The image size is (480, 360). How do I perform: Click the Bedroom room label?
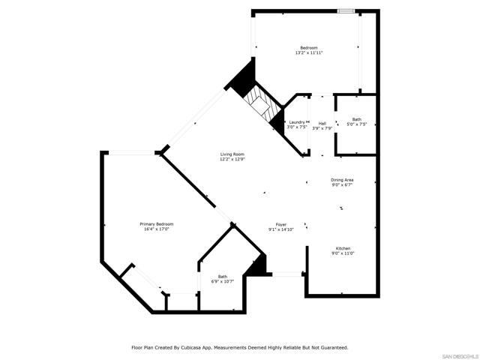pos(309,48)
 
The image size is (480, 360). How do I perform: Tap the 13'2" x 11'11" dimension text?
pos(309,53)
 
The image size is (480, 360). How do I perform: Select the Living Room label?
pos(232,154)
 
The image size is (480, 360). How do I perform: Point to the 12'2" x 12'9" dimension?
pos(232,160)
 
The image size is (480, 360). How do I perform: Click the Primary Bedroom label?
pos(157,224)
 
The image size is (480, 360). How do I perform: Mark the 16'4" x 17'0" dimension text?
pos(157,229)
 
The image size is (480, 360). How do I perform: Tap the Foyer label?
pos(281,224)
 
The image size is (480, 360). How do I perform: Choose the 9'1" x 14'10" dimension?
pos(281,229)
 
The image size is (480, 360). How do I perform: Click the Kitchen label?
pos(343,248)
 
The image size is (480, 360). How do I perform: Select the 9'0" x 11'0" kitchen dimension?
pos(343,253)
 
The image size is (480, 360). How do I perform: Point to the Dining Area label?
pos(343,179)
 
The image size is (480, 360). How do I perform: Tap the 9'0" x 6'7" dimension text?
pos(343,184)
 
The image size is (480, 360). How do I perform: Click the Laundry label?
pos(296,122)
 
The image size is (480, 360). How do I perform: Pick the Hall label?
pos(322,122)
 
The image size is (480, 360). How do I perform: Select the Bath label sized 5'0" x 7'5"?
pos(356,119)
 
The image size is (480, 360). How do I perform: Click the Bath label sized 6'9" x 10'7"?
pos(223,276)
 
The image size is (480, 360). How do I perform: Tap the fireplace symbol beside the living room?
pos(262,103)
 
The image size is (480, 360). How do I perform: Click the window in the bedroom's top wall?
pos(346,10)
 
